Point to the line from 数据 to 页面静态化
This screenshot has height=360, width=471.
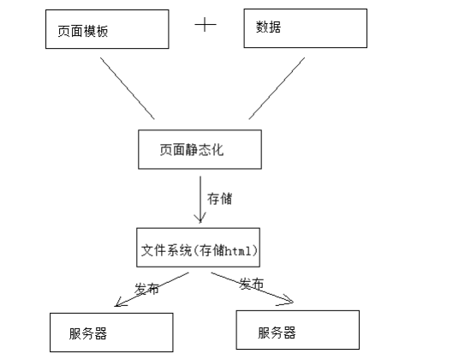(x=277, y=89)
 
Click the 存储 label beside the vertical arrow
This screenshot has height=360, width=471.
(x=219, y=198)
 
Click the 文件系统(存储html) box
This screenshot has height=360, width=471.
(x=200, y=250)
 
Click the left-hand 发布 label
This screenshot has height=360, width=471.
(x=146, y=289)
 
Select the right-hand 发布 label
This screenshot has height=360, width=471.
(x=251, y=284)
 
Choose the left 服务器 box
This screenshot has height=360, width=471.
(x=109, y=333)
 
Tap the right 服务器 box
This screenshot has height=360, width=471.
(x=297, y=331)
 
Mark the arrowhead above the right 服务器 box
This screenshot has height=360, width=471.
(x=288, y=300)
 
